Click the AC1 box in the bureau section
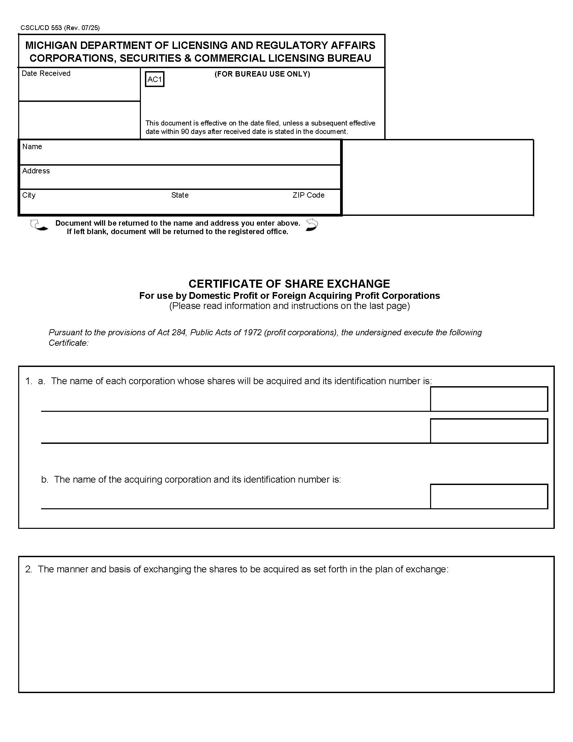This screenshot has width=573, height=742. [154, 79]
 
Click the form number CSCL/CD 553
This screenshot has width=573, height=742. [41, 28]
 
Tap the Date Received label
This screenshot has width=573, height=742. [46, 74]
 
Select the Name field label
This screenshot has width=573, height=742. [32, 146]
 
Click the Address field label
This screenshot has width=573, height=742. [36, 171]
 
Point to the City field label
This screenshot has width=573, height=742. [29, 195]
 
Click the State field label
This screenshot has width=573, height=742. [180, 195]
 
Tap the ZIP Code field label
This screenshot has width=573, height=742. [308, 195]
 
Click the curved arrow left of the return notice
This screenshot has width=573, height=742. [38, 225]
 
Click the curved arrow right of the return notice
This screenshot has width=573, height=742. [312, 225]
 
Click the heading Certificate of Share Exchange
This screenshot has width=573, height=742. [289, 284]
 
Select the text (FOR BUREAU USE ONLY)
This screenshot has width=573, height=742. [262, 74]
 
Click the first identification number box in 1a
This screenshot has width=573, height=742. [489, 399]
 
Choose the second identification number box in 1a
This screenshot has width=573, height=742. [489, 431]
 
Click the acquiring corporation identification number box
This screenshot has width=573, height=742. [489, 496]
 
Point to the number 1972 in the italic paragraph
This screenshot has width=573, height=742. [252, 332]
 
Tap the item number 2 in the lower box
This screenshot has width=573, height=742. [29, 569]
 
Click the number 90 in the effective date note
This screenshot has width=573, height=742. [185, 132]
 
